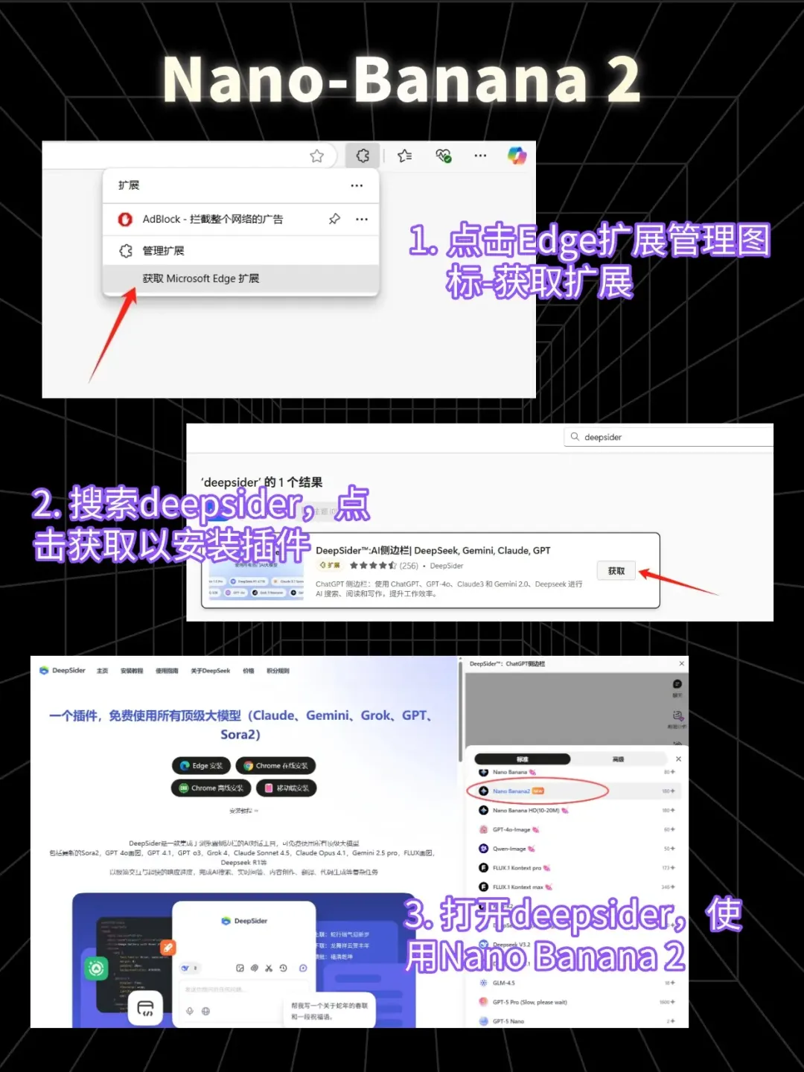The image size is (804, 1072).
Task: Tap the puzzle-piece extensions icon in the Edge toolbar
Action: (363, 156)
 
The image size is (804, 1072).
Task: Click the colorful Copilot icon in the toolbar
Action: (517, 156)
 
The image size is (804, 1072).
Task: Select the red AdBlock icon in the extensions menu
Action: (125, 219)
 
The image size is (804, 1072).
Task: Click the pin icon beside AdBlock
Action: (334, 219)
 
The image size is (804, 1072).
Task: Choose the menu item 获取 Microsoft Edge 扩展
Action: (201, 278)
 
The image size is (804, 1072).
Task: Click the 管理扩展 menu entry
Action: (163, 251)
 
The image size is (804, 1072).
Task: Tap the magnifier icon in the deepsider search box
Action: (575, 437)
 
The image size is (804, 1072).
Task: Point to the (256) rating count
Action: (409, 566)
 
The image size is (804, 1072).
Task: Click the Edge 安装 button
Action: (201, 765)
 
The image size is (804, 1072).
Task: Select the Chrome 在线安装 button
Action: (275, 765)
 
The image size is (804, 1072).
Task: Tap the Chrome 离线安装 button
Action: (211, 788)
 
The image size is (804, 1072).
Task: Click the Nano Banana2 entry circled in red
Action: (511, 791)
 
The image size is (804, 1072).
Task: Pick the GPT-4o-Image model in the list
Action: (511, 829)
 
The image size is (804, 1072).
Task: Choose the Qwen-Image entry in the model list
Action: (509, 849)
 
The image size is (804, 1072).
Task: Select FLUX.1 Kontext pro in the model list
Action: (517, 868)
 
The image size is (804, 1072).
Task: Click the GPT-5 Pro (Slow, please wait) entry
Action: (529, 1002)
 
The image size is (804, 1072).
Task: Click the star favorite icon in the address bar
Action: (317, 156)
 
